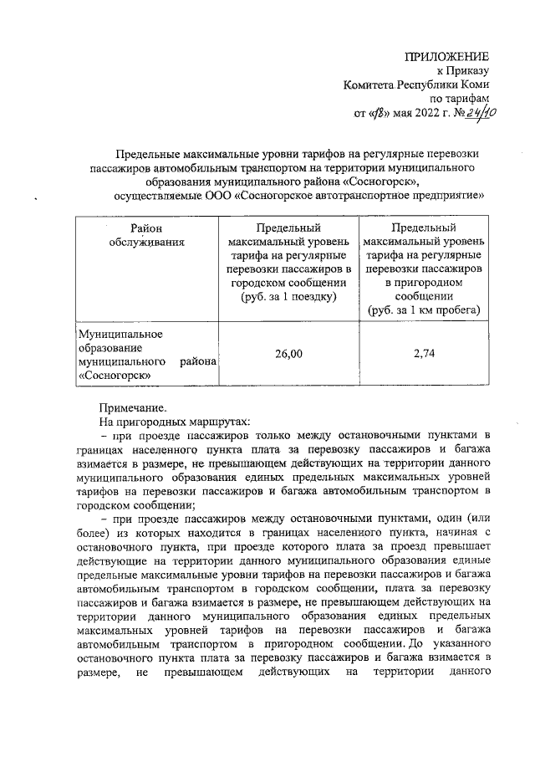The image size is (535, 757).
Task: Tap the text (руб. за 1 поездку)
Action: (288, 297)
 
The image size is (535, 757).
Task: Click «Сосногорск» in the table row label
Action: (114, 376)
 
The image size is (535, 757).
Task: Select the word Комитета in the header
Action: (370, 84)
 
